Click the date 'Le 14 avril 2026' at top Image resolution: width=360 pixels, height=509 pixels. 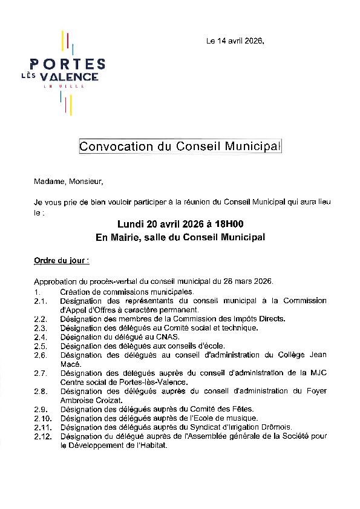tap(235, 41)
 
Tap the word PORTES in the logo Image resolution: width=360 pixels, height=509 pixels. tap(67, 64)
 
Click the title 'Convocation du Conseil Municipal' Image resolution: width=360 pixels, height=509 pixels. tap(180, 146)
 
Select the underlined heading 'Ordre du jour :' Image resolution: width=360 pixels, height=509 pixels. tap(62, 261)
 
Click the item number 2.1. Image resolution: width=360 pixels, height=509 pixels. tap(41, 301)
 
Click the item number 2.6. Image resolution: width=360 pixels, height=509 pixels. tap(41, 355)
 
